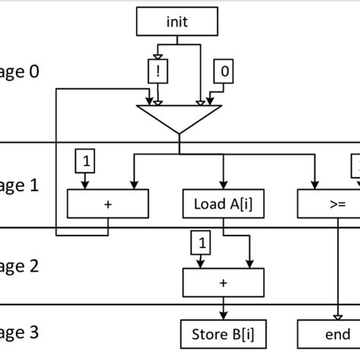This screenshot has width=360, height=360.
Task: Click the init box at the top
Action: [x=176, y=22]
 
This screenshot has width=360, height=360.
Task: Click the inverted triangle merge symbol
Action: [x=179, y=118]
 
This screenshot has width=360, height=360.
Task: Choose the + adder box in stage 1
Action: [x=108, y=204]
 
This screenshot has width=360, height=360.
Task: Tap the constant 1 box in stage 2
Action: [x=202, y=245]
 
